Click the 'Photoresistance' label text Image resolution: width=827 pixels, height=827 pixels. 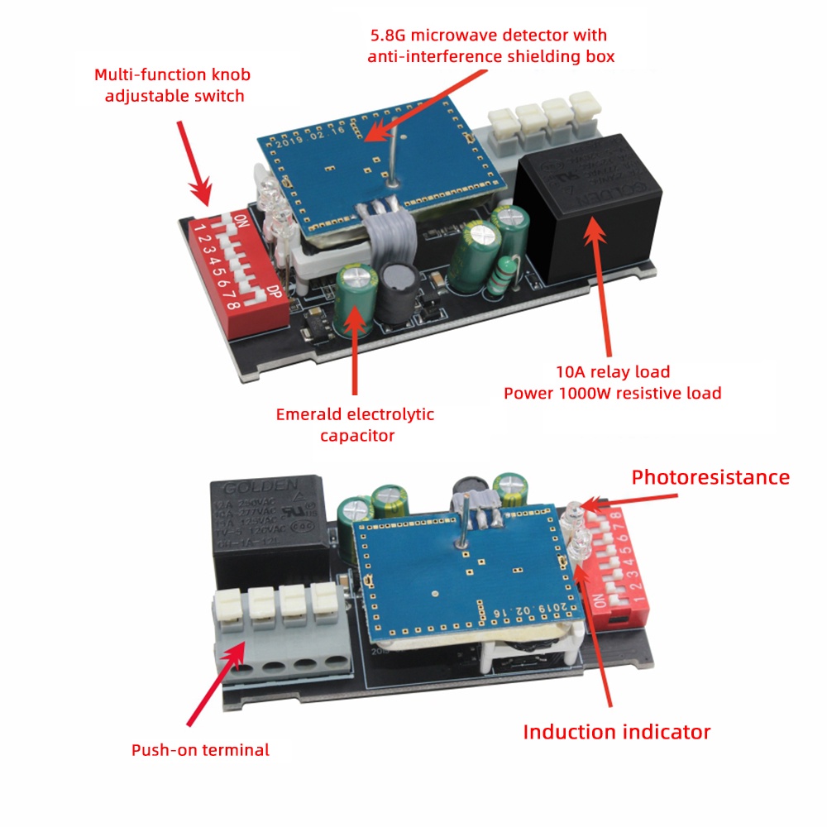click(x=710, y=477)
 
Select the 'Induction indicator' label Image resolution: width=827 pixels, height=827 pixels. click(x=616, y=731)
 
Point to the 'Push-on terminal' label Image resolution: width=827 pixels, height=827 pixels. click(x=200, y=750)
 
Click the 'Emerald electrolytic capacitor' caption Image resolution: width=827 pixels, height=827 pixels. click(x=355, y=424)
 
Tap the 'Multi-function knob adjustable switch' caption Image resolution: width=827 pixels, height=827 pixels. click(x=172, y=85)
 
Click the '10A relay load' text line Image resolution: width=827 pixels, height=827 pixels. click(x=611, y=371)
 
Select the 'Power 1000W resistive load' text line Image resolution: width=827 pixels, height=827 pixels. click(x=612, y=393)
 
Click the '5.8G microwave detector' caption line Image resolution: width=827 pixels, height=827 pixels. click(x=488, y=36)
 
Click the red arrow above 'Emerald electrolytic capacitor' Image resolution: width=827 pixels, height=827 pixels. click(x=355, y=347)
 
